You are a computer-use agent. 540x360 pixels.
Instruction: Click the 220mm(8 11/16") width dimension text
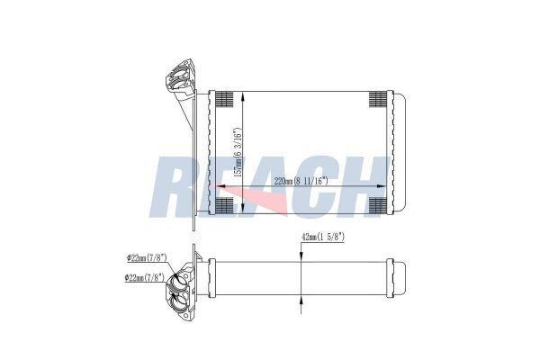click(x=300, y=181)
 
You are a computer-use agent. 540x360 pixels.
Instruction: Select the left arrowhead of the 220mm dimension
click(x=216, y=186)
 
